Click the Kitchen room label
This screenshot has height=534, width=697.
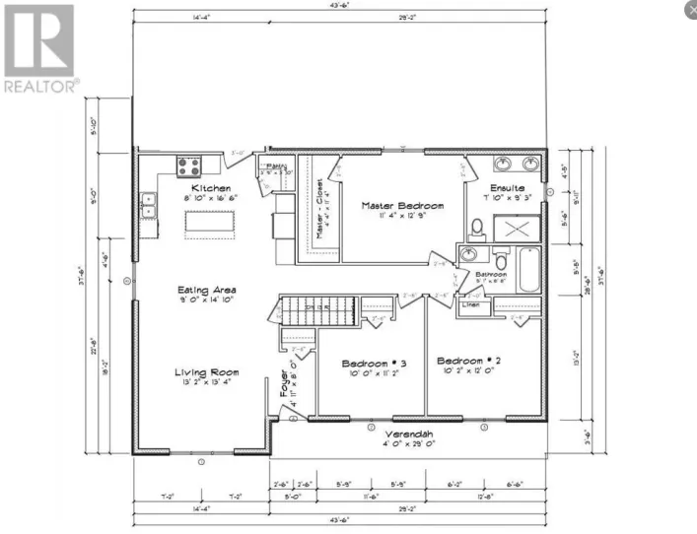211,187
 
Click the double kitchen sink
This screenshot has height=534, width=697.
149,206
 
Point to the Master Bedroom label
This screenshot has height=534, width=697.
401,206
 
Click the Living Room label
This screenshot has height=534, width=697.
207,371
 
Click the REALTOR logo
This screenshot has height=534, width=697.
39,49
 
